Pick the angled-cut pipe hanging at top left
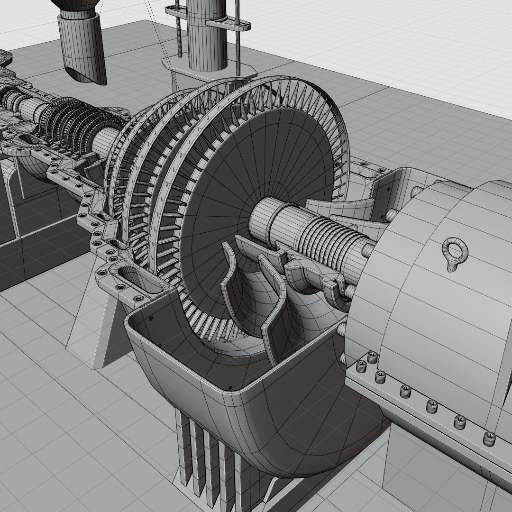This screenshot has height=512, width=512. (x=83, y=47)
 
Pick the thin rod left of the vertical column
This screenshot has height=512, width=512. (x=179, y=28)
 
